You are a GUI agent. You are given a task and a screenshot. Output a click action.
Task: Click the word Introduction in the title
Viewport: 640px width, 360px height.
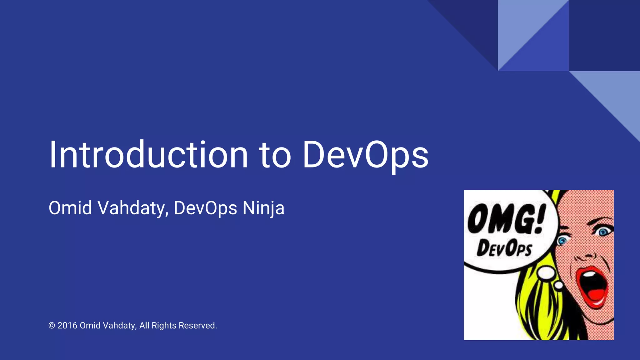point(149,155)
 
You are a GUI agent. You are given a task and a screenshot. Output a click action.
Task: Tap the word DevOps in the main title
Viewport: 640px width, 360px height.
point(365,155)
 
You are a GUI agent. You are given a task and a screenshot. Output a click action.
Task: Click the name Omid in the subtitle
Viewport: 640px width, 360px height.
point(70,208)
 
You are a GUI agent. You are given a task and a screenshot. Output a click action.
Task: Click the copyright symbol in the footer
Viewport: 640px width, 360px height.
point(52,326)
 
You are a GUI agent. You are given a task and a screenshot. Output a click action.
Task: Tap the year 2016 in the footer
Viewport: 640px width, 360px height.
point(67,326)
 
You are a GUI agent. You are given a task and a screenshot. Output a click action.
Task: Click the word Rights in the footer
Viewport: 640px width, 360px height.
point(164,326)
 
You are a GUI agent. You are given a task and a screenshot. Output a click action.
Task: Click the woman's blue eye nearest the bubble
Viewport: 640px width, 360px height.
point(562,241)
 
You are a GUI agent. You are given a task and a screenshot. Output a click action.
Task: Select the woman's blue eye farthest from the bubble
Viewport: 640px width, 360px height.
point(603,232)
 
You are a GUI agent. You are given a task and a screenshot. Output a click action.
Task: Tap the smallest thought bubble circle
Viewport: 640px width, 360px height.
point(559,285)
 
